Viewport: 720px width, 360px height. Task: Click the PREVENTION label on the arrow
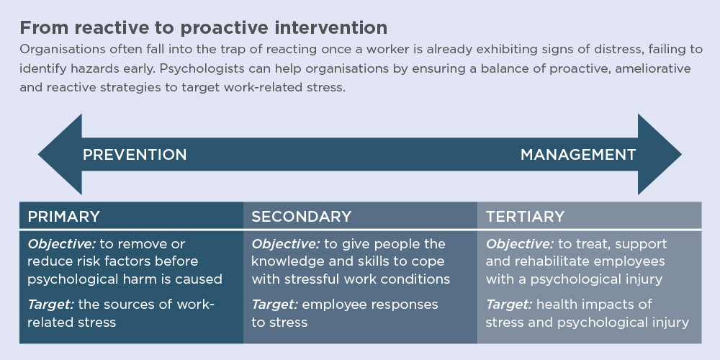coord(135,155)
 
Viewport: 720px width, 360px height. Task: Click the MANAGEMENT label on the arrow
coord(578,155)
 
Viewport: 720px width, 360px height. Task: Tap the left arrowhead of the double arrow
coord(60,154)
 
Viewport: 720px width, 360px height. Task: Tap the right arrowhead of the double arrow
coord(660,154)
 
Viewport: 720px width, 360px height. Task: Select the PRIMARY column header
coord(64,216)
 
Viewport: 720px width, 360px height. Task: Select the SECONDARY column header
coord(301,216)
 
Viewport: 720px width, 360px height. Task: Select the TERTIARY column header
coord(526,216)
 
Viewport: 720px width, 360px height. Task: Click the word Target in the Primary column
coord(50,305)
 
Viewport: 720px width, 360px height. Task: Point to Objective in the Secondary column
coord(284,244)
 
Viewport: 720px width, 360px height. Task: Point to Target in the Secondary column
coord(274,305)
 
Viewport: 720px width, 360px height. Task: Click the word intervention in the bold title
coord(328,28)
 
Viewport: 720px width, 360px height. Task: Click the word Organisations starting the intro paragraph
coord(52,50)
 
